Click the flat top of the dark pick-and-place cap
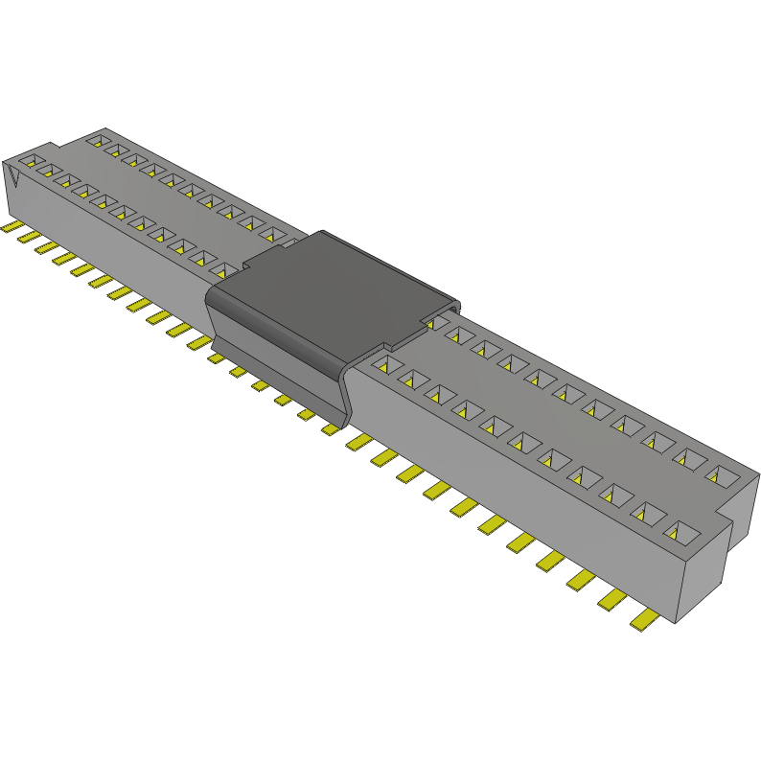pyautogui.click(x=331, y=288)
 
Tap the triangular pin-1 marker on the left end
pyautogui.click(x=14, y=177)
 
